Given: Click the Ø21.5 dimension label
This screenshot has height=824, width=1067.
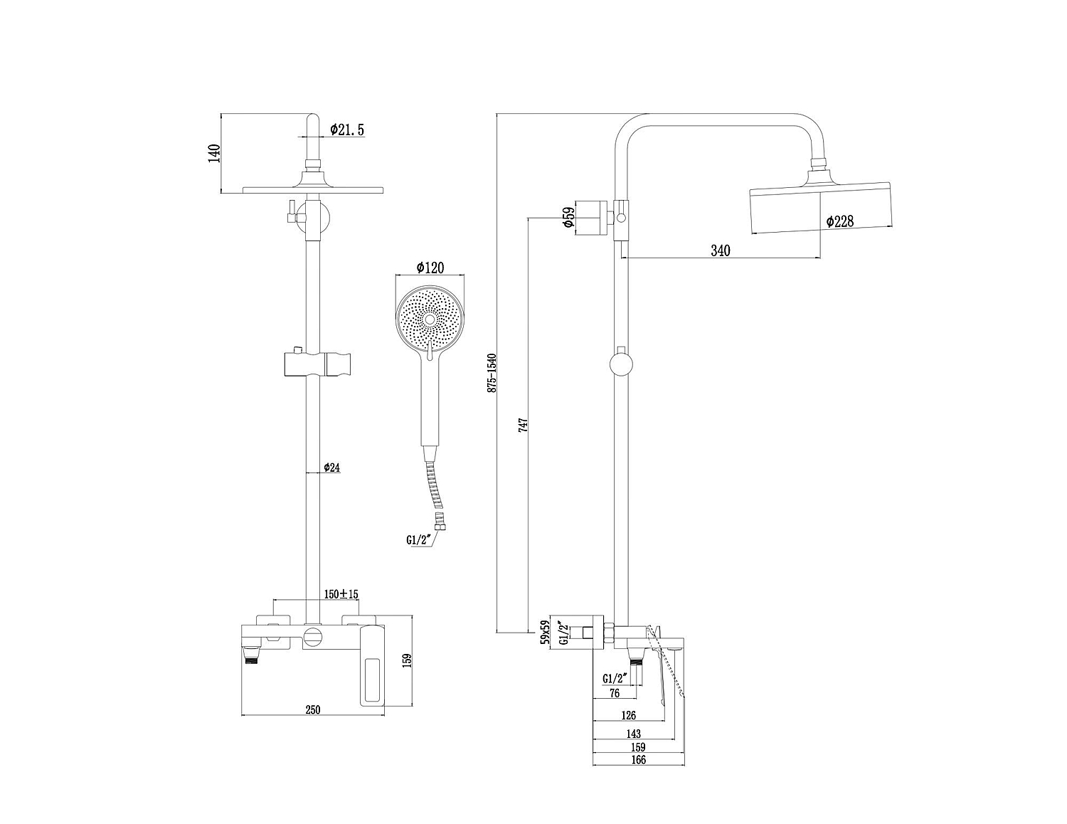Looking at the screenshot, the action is tap(347, 130).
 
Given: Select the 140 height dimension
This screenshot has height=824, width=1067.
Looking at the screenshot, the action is tap(215, 154).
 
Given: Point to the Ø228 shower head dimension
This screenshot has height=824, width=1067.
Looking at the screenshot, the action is tap(839, 221).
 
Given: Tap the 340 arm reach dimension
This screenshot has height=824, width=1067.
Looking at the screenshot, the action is tap(721, 250).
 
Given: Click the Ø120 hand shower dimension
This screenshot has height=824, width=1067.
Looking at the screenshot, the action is tap(430, 267).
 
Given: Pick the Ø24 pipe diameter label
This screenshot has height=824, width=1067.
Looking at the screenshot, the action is tap(332, 468).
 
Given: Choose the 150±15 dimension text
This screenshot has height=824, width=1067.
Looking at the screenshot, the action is tap(341, 593).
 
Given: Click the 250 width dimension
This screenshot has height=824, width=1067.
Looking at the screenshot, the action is tap(313, 709).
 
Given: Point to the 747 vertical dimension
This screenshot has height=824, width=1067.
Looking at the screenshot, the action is tap(524, 425).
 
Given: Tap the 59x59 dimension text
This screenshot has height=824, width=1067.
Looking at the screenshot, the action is tap(543, 632).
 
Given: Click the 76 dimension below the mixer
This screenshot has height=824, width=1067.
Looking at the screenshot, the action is tap(615, 693).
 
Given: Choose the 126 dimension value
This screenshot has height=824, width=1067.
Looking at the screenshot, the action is tap(629, 715).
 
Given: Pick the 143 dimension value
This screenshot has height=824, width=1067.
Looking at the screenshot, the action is tap(633, 734).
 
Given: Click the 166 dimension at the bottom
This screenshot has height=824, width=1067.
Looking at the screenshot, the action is tap(637, 759).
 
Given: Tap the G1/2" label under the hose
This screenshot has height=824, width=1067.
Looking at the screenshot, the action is tap(418, 539).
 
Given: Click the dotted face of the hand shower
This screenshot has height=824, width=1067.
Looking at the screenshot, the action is tap(430, 319).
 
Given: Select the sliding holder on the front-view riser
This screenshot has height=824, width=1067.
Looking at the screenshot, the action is tap(317, 364).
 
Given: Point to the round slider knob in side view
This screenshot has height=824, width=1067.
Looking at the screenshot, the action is tap(621, 364).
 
